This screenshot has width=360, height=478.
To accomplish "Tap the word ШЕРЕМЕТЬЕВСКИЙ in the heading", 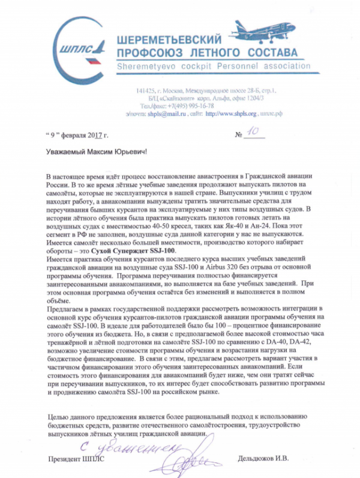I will point(167,37).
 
